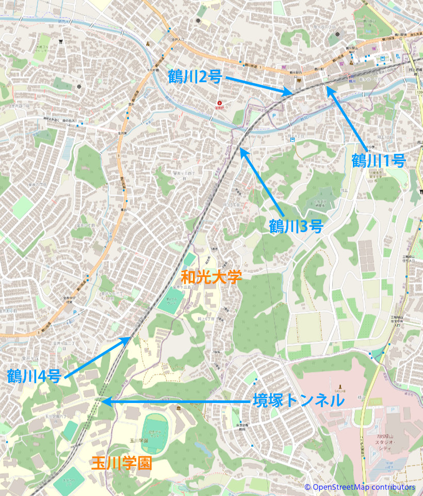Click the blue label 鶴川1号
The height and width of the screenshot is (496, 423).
coord(378,160)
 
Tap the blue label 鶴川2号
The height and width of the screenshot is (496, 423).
coord(195,77)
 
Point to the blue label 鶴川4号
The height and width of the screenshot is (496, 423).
coord(34,376)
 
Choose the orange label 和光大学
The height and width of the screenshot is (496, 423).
coord(211,277)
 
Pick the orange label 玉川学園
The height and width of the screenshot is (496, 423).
coord(122,463)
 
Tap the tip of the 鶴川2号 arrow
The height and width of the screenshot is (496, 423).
coord(292,93)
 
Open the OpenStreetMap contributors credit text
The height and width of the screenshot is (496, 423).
coord(360,487)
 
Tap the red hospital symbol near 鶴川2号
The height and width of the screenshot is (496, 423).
coord(220,102)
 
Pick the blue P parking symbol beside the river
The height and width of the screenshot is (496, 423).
coord(274,116)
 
